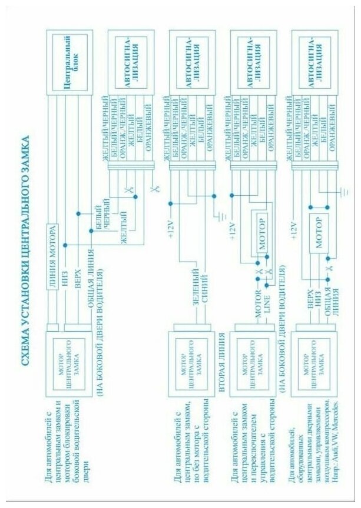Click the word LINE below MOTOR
pos(267,296)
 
